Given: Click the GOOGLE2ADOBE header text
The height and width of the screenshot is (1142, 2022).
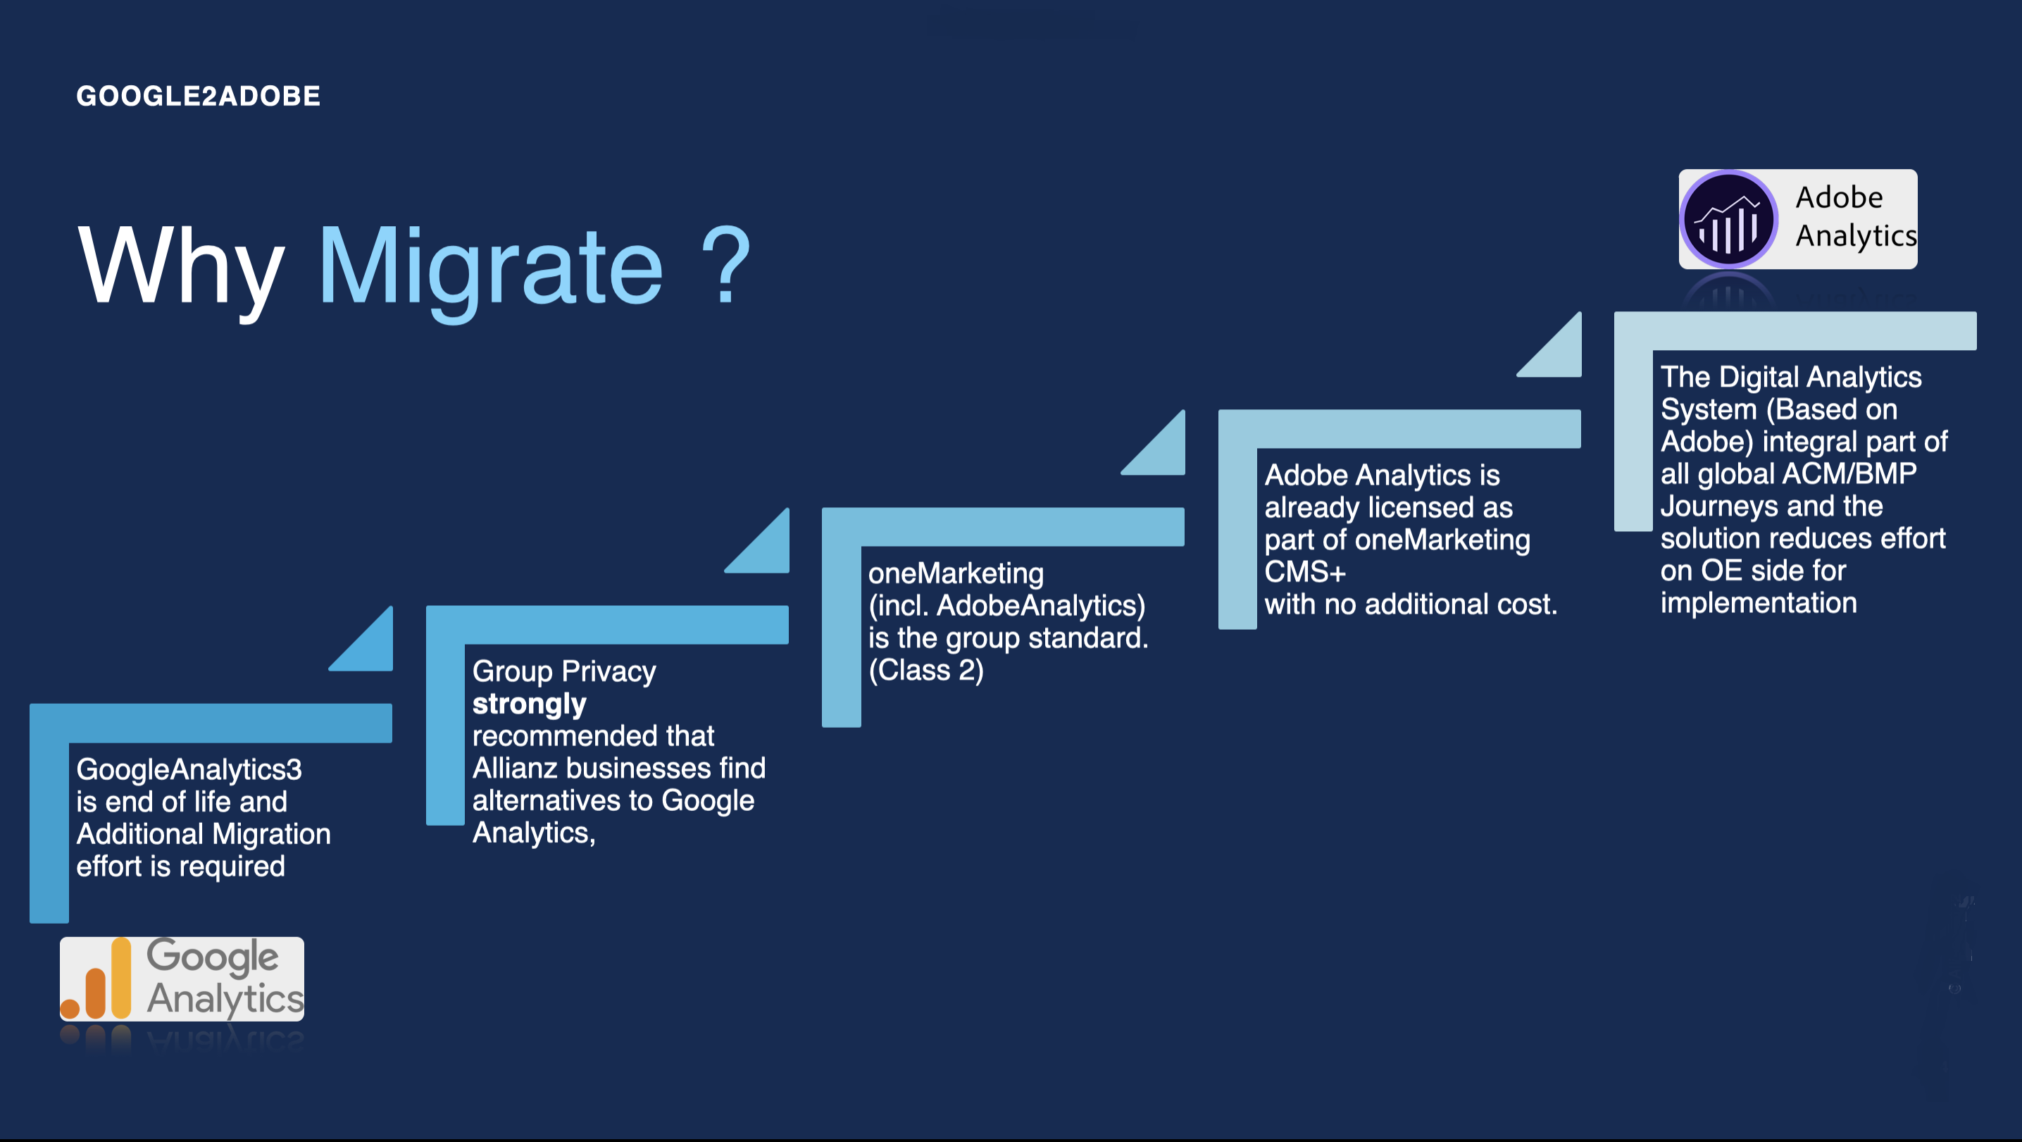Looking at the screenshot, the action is (x=198, y=96).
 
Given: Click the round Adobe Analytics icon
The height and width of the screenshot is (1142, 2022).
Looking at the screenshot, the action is (x=1728, y=219).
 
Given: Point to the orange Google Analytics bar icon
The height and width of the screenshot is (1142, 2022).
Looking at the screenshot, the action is (x=96, y=979).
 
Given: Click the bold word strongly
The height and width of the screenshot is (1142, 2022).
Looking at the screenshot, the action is (x=529, y=704).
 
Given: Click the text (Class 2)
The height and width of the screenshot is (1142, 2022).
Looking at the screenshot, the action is (x=925, y=670).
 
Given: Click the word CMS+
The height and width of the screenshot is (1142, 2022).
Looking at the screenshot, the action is (x=1304, y=572).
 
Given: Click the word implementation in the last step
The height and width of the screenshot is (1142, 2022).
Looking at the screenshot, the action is (x=1759, y=602).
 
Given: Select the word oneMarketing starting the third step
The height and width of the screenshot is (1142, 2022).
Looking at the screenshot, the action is (x=955, y=573).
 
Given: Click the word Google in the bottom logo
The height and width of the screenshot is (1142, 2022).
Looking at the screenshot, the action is (x=213, y=957).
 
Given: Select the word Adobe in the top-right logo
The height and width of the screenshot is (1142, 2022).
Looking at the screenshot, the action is (x=1839, y=197).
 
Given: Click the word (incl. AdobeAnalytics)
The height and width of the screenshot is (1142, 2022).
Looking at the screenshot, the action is (x=1006, y=606).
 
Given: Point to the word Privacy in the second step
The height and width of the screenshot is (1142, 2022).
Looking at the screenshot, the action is (x=609, y=671).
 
